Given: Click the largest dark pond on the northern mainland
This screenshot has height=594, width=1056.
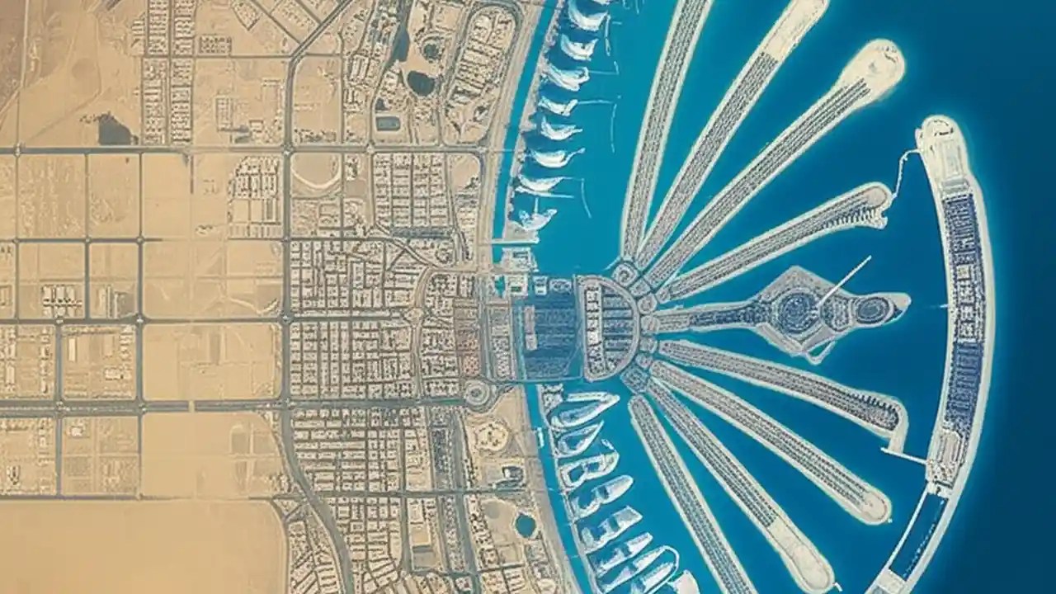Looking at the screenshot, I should pos(421,82).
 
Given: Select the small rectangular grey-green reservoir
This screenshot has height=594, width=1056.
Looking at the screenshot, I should pos(387,123).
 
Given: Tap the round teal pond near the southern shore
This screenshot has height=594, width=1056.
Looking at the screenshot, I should pos(526,524).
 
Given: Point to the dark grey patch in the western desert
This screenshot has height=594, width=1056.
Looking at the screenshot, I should pos(114,130).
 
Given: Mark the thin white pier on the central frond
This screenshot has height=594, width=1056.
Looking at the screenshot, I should pos(844,280).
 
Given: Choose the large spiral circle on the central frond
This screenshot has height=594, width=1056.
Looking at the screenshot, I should pos(798,312).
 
